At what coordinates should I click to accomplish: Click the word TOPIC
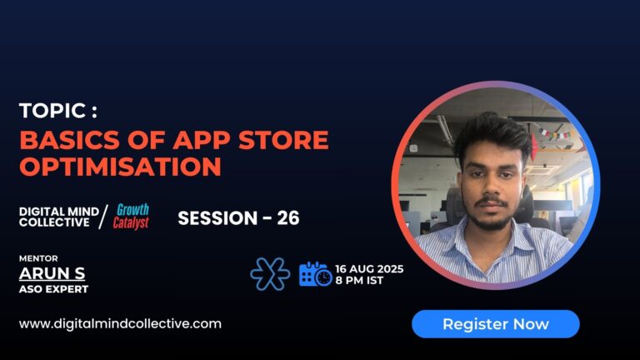pyautogui.click(x=52, y=112)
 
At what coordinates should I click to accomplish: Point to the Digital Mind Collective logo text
pyautogui.click(x=57, y=217)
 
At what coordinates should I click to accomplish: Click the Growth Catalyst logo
pyautogui.click(x=132, y=217)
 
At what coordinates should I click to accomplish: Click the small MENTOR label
pyautogui.click(x=38, y=258)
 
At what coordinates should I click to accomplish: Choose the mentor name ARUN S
pyautogui.click(x=52, y=273)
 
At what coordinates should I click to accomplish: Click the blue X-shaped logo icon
pyautogui.click(x=270, y=274)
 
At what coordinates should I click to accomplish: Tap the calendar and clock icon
pyautogui.click(x=315, y=274)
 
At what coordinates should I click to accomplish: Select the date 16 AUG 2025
pyautogui.click(x=370, y=268)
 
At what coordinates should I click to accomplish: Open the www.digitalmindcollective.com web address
pyautogui.click(x=120, y=323)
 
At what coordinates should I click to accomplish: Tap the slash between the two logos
pyautogui.click(x=102, y=218)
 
